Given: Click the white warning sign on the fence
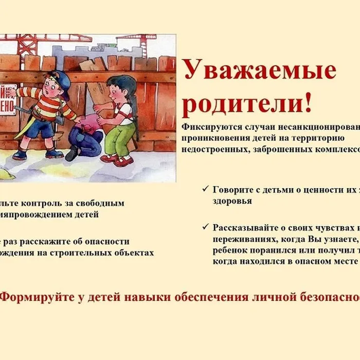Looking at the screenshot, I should (7, 103).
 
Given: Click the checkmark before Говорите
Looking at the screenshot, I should (206, 190).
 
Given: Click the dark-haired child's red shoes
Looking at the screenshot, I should (116, 160).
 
